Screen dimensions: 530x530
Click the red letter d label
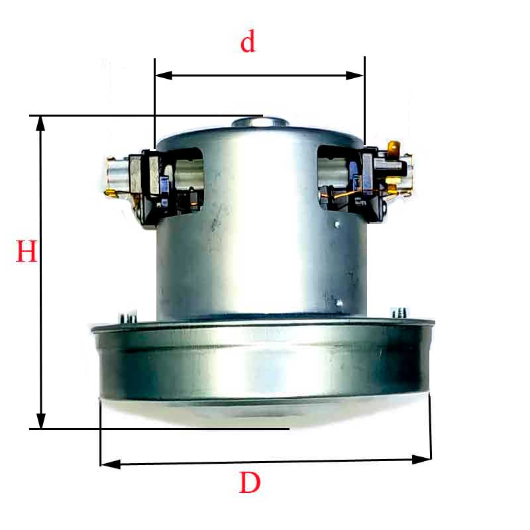pos(248,42)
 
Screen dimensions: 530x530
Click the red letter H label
pos(26,251)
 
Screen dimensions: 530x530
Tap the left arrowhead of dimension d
pos(164,76)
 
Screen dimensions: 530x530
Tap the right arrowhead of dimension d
pos(355,76)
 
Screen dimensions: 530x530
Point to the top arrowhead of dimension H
pos(40,124)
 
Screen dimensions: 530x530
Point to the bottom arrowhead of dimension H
pos(41,420)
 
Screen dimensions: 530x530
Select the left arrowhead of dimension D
pos(111,464)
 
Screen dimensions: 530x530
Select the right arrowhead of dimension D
pos(421,460)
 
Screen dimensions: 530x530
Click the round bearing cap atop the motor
pos(260,122)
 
